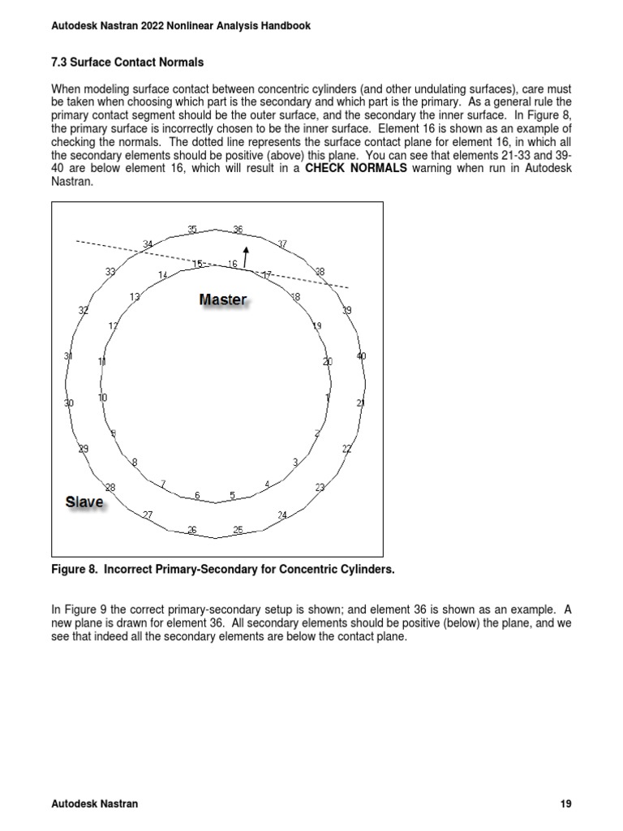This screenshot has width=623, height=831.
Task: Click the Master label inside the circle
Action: [223, 299]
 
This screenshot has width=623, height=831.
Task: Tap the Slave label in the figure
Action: [84, 502]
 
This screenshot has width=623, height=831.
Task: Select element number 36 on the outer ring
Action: [238, 230]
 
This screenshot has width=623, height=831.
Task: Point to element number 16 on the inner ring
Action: [233, 264]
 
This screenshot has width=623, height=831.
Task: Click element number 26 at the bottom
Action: [192, 530]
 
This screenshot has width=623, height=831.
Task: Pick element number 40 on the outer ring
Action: [361, 355]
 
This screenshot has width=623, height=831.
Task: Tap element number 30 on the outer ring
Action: [70, 403]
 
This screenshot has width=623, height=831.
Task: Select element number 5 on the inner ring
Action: [232, 495]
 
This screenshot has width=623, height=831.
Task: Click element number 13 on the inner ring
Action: [135, 297]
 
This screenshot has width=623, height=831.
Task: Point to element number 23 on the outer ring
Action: [320, 487]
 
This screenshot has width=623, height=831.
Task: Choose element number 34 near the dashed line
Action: [148, 243]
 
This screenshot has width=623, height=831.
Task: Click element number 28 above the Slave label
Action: [110, 487]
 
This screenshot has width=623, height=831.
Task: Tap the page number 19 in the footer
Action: [566, 803]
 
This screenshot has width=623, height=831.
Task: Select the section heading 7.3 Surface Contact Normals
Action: [127, 62]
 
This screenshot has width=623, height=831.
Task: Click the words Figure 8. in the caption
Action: [73, 570]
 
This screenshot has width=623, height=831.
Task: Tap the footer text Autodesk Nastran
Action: [94, 803]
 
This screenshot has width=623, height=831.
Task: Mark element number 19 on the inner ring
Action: [317, 325]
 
